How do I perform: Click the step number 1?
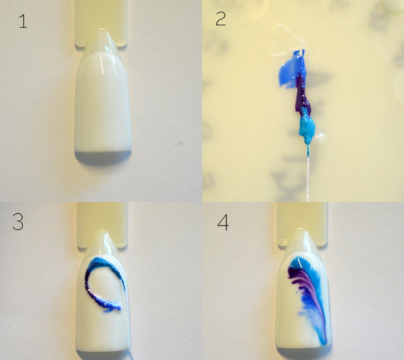point(23,21)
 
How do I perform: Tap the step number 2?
point(220,19)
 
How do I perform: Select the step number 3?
point(18,222)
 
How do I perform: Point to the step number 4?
point(223,223)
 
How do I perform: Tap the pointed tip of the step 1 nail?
point(102,30)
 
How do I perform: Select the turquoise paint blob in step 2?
point(307,126)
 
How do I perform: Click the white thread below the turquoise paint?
point(307,176)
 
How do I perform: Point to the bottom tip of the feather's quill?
point(324,345)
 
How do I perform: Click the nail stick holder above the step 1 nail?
point(101,22)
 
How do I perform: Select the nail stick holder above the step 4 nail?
point(302,223)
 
